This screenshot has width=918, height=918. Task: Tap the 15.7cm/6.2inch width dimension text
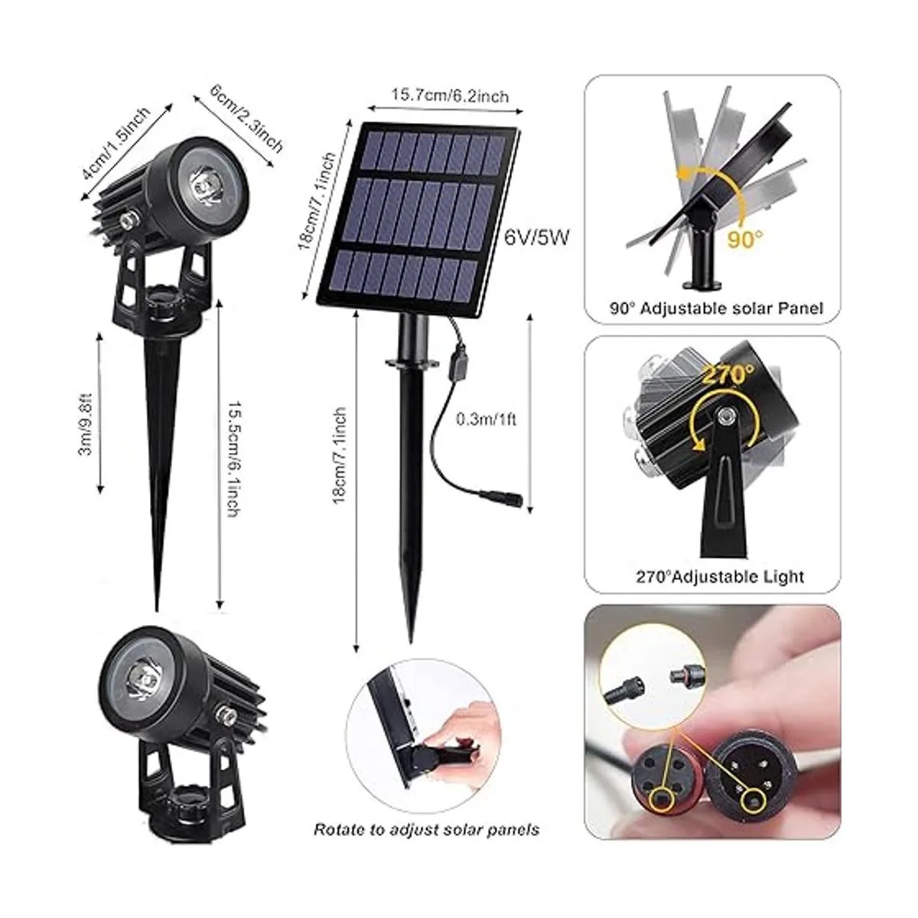coord(450,96)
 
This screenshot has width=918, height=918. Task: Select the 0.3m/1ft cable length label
coord(486,420)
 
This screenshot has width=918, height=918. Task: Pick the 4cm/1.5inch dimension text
coord(116,143)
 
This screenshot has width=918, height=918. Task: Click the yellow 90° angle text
coord(745,239)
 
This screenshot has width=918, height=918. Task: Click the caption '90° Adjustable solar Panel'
coord(717,308)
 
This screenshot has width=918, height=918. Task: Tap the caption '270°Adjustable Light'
coord(720,577)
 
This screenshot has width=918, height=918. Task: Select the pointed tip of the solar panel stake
coord(411,643)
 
